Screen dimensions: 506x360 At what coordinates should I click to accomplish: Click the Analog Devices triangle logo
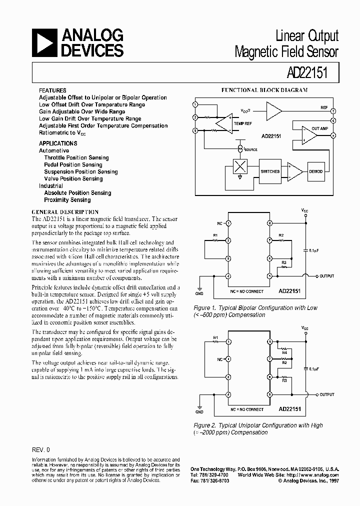point(44,42)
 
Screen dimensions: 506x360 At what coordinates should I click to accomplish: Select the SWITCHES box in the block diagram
point(270,171)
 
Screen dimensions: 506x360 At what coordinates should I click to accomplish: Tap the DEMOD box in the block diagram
point(315,171)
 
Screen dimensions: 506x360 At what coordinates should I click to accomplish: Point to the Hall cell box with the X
point(240,167)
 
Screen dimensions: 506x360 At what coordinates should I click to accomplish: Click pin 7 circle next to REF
point(333,110)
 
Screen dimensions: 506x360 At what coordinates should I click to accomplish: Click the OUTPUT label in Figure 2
point(327,394)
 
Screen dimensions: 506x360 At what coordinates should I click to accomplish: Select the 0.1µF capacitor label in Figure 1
point(315,250)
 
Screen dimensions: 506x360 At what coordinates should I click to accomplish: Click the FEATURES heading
point(52,90)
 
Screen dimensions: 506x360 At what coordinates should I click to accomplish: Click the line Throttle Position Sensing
point(76,157)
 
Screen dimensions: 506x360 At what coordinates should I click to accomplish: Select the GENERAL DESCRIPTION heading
point(65,212)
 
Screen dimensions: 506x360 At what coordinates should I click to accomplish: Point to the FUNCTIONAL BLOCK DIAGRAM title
point(264,90)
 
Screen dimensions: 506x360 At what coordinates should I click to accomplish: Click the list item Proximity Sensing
point(67,199)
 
